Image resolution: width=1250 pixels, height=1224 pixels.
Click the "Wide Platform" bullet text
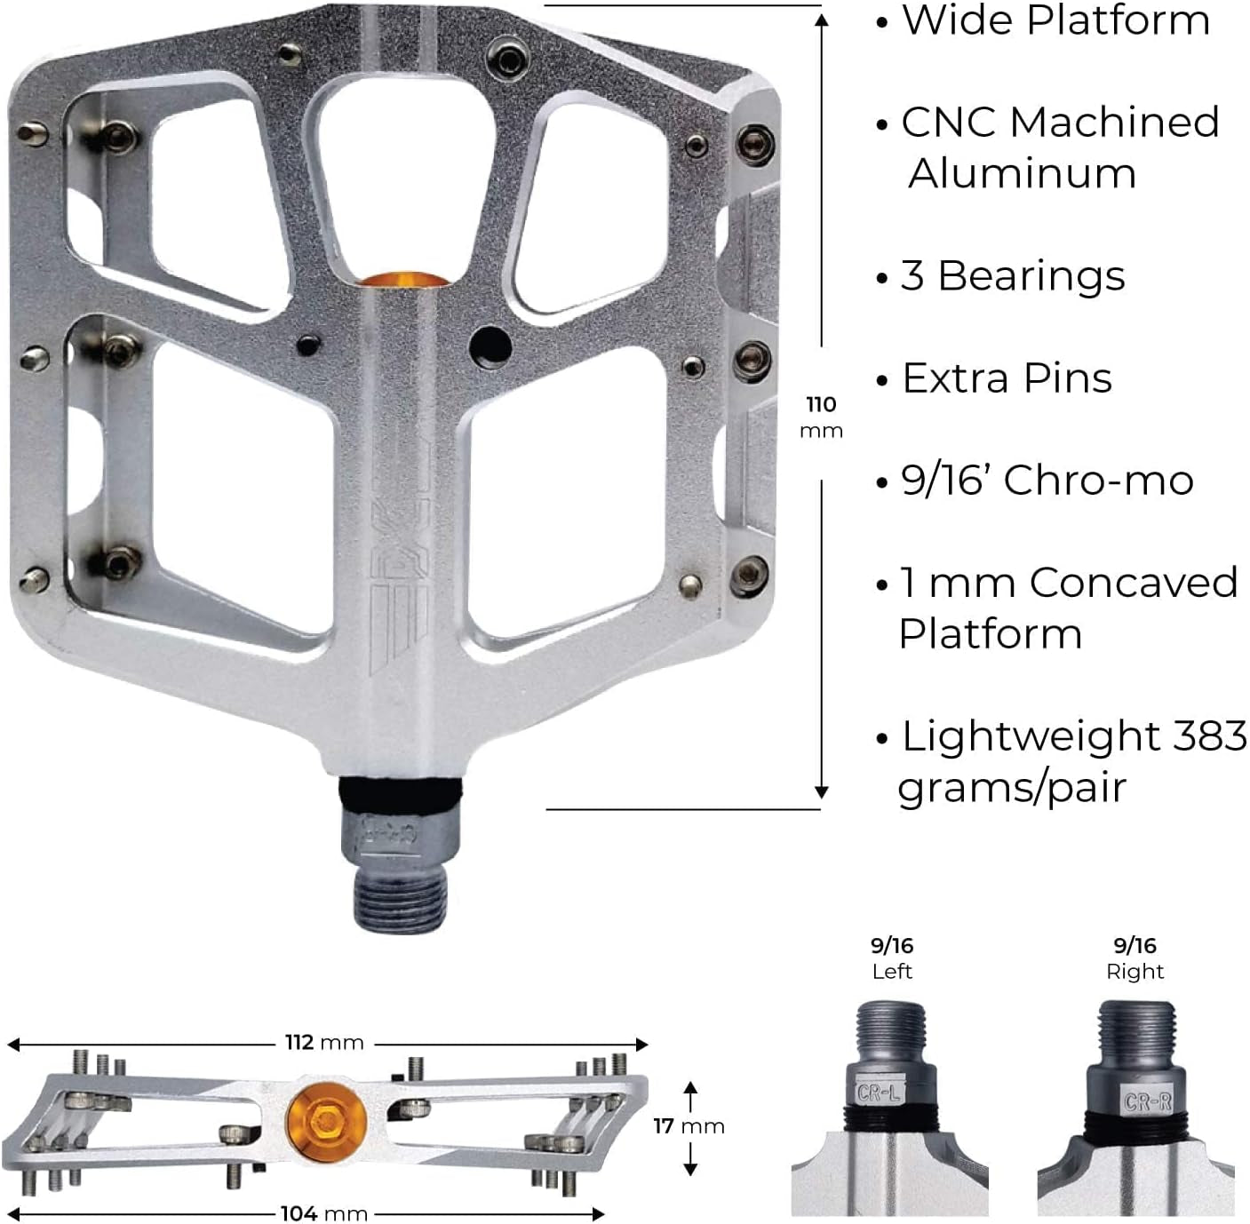1055,20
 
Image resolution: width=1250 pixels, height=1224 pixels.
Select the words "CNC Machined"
1060,123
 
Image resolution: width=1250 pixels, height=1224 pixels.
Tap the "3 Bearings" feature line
1013,275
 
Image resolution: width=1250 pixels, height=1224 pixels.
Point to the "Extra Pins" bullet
1007,378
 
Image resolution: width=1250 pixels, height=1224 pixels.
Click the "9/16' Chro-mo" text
1047,481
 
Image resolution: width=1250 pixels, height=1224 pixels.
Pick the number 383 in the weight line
1209,736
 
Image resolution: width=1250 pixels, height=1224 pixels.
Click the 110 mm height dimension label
821,417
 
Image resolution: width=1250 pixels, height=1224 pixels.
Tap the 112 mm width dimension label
324,1042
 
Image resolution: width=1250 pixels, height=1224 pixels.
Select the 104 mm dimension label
323,1213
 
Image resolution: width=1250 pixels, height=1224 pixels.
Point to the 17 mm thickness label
689,1126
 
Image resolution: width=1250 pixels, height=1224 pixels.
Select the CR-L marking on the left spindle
879,1092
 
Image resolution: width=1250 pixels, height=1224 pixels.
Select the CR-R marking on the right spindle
1147,1102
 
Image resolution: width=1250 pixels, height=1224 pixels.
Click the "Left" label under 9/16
892,972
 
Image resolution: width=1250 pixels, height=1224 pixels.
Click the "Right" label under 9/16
1135,972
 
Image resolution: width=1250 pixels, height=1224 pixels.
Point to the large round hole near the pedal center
490,345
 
